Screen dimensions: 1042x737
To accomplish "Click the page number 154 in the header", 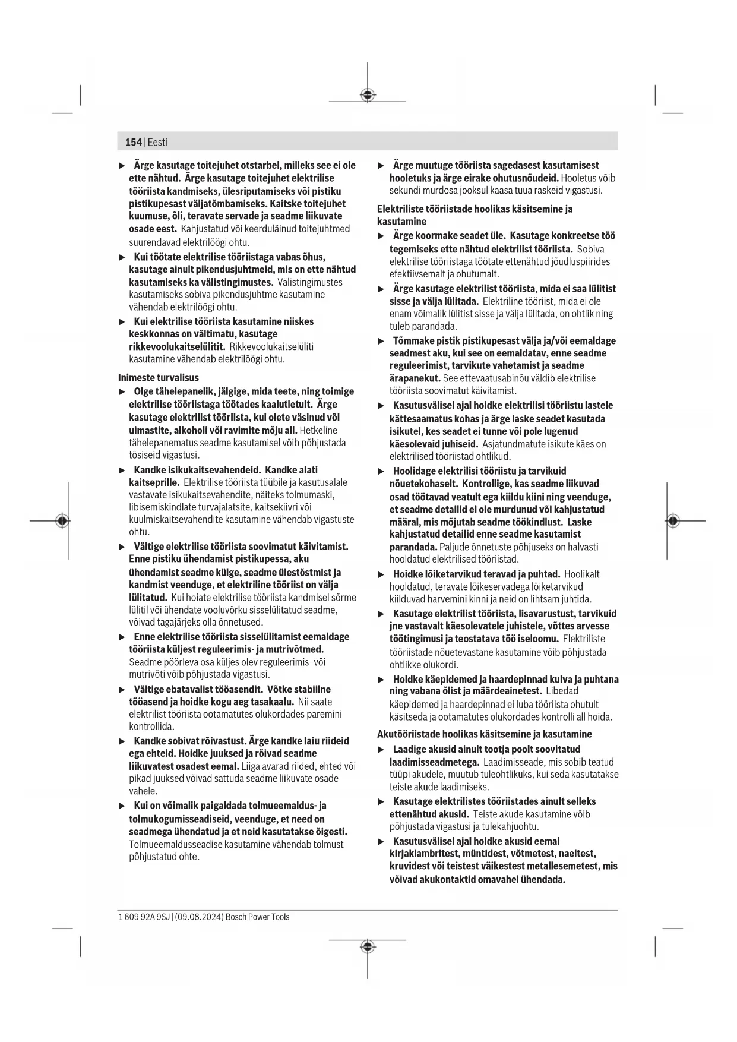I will coord(133,142).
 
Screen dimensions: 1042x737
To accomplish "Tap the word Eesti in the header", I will coord(157,142).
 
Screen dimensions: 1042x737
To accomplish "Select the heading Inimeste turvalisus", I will coord(159,378).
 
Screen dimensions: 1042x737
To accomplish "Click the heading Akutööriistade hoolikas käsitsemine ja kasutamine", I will coord(485,734).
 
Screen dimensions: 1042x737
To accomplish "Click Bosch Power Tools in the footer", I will coord(258,917).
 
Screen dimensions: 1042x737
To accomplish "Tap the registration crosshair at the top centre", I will coord(368,94).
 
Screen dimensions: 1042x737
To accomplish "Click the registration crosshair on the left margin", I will coord(62,520).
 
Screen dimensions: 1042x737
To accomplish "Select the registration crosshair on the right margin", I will coord(672,520).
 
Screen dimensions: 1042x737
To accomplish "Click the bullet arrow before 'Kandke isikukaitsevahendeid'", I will coord(122,471).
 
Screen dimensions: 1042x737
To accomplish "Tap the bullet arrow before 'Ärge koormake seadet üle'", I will coord(381,236).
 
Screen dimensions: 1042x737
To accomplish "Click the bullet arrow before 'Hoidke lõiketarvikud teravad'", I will coord(381,574).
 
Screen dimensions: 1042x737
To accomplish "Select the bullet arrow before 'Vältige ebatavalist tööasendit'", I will coord(122,690).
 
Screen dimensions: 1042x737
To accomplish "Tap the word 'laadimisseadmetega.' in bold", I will coord(434,762).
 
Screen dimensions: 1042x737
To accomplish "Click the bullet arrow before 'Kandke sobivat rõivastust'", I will coord(122,741).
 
